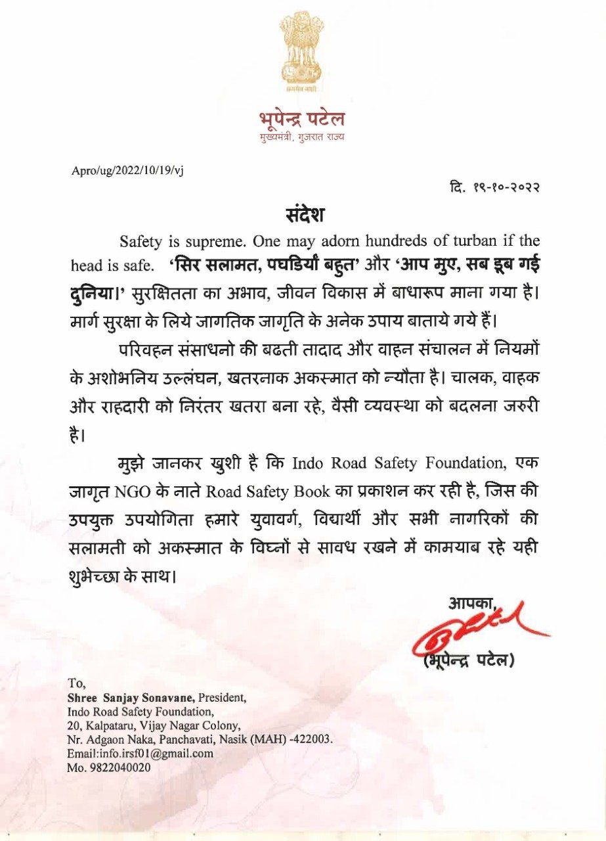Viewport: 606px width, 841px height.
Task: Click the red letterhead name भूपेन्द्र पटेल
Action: (x=303, y=120)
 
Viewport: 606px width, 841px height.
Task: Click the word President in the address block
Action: (x=223, y=697)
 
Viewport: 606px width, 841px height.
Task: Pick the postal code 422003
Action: (x=314, y=739)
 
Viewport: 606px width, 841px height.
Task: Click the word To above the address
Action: (x=76, y=683)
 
